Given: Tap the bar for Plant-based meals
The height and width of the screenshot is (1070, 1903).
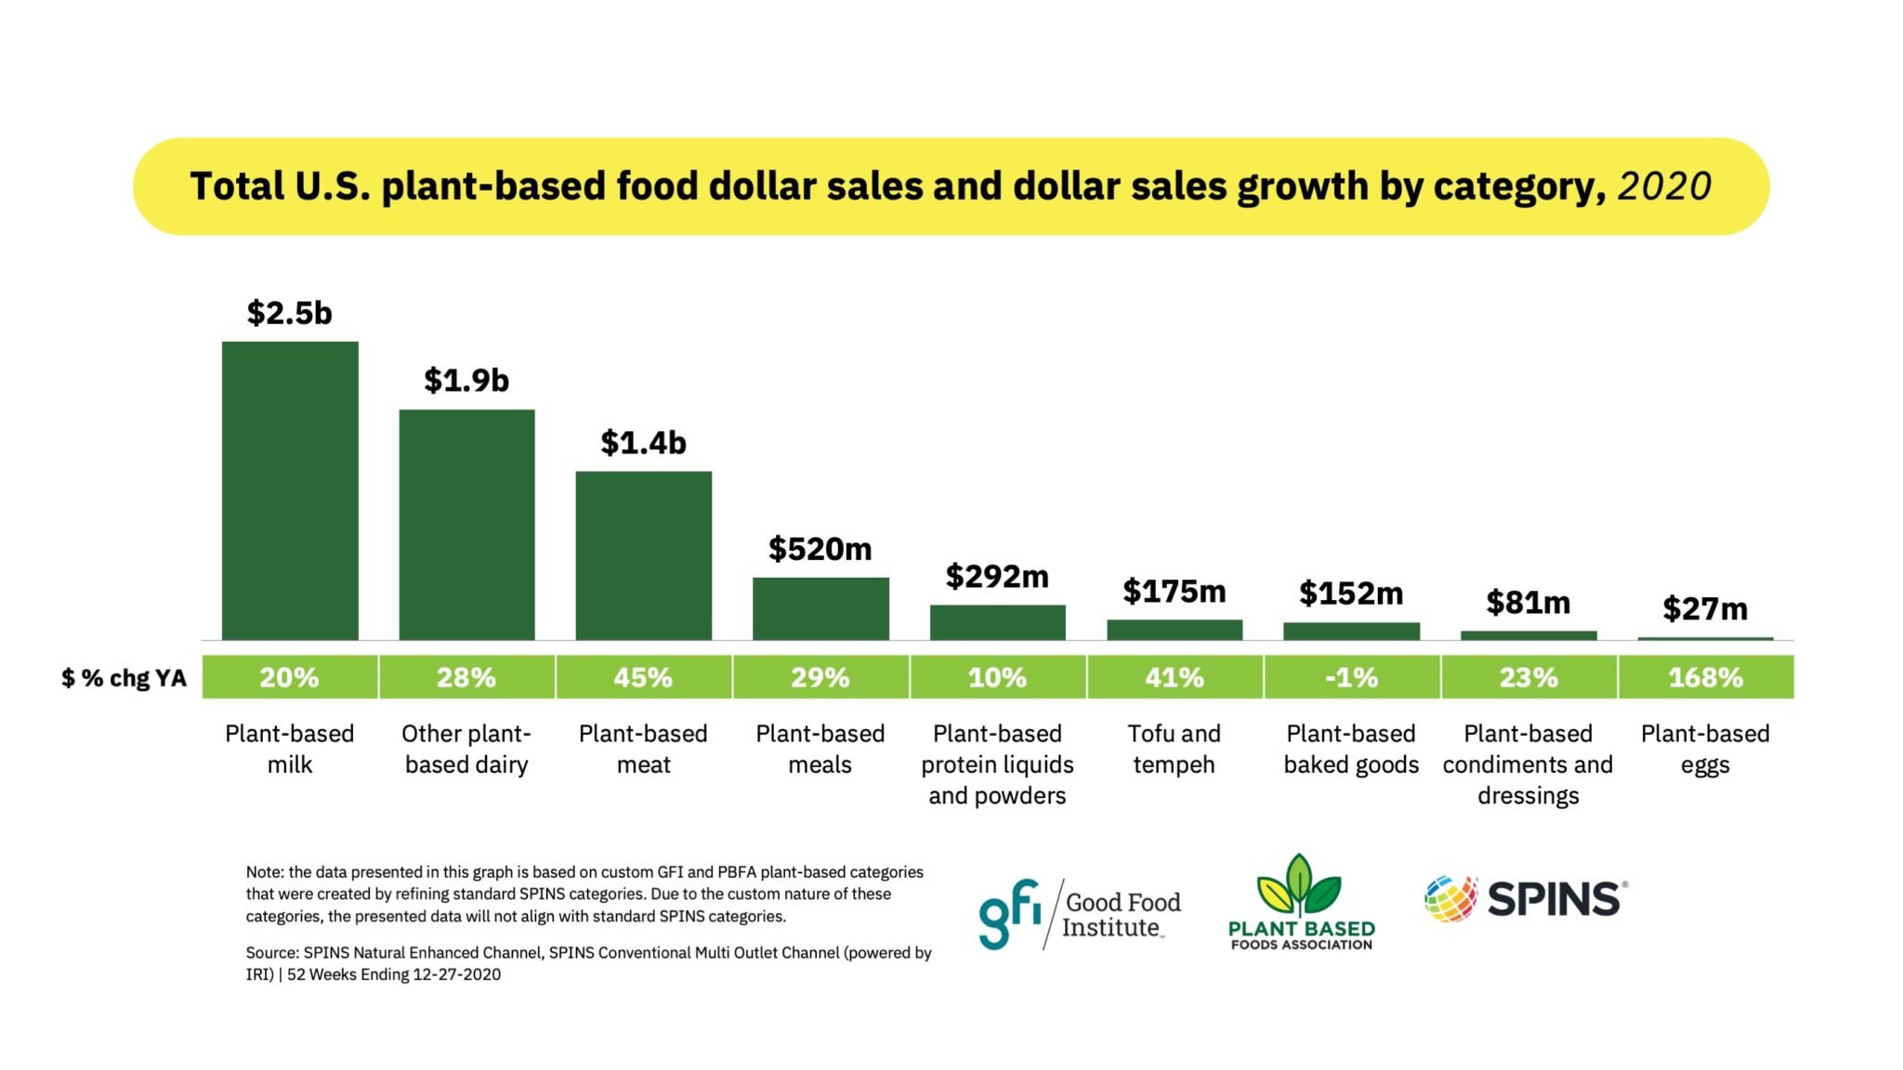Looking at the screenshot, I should click(x=820, y=608).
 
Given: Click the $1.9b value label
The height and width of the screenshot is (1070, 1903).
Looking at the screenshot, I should click(x=466, y=380).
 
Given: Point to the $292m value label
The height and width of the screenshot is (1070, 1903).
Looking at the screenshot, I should click(x=997, y=576).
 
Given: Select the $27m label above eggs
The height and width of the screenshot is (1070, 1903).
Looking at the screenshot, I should click(x=1705, y=608).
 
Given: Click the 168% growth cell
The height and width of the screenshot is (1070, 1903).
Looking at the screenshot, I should click(x=1705, y=677).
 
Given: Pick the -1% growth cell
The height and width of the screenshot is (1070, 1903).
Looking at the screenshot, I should click(x=1351, y=677).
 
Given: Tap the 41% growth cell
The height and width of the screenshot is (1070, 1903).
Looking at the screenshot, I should click(x=1175, y=677).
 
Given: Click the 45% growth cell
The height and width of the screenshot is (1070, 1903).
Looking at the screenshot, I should click(x=643, y=677).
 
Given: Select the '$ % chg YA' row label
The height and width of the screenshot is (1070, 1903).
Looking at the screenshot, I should click(x=124, y=678).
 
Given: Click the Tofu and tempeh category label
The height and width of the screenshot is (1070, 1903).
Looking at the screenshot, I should click(x=1174, y=749).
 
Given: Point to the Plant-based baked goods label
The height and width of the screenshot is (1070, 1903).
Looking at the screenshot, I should click(x=1351, y=749).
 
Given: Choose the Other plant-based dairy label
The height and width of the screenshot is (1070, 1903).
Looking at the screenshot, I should click(x=466, y=749).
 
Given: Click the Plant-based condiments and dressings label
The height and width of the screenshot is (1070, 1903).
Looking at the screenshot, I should click(x=1528, y=763).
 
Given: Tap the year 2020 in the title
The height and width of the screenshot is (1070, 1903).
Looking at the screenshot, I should click(x=1664, y=187).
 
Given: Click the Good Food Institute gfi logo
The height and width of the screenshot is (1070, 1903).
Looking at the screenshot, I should click(x=1079, y=914).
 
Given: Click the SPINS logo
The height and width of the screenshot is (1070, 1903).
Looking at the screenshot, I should click(x=1525, y=899).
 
